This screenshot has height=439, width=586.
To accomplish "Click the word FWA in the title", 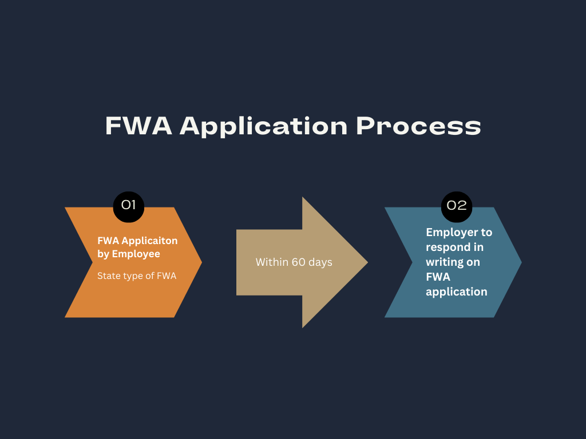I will click(138, 126).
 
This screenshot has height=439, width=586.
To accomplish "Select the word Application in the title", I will click(264, 126).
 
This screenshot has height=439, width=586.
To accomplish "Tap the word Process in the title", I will click(418, 126).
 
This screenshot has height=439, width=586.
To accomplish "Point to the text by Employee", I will click(129, 253).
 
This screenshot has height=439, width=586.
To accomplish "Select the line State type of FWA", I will click(137, 276).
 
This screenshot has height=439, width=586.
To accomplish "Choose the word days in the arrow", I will click(321, 262).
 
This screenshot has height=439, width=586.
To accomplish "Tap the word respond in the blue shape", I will click(446, 248).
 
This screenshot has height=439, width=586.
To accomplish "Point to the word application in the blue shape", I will click(457, 292).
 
